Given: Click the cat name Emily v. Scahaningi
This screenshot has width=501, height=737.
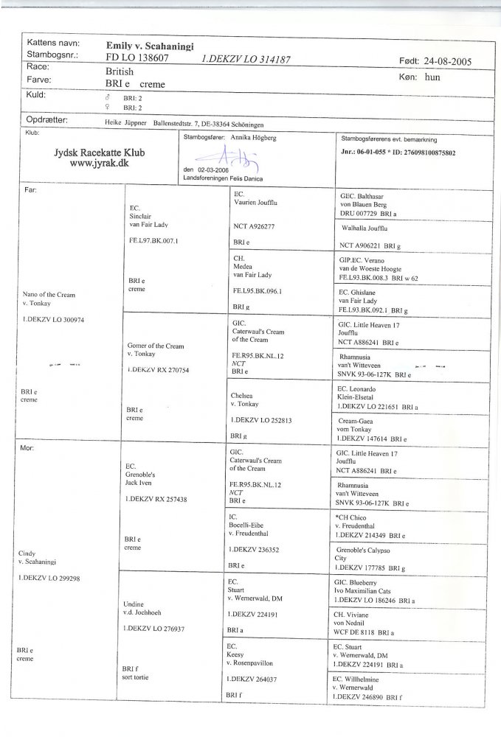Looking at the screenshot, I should point(150,46).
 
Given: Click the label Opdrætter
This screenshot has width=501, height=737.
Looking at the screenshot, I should point(47,118).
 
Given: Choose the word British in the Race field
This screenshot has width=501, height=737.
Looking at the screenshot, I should point(120,73).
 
